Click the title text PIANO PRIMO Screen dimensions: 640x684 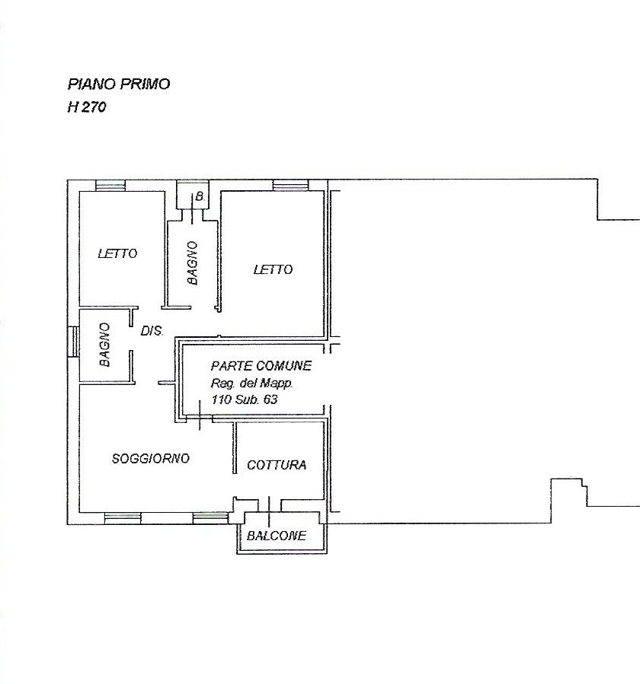pyautogui.click(x=118, y=84)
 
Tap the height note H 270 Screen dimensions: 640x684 pyautogui.click(x=87, y=107)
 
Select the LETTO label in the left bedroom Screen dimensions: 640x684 pyautogui.click(x=117, y=253)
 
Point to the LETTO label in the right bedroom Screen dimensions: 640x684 pyautogui.click(x=273, y=269)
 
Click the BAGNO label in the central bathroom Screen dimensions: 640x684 pyautogui.click(x=192, y=263)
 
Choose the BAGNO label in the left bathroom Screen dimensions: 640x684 pyautogui.click(x=104, y=345)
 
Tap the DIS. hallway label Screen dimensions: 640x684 pyautogui.click(x=152, y=331)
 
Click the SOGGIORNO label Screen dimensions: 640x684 pyautogui.click(x=151, y=459)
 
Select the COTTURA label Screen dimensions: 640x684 pyautogui.click(x=277, y=465)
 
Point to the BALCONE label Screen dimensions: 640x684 pyautogui.click(x=276, y=536)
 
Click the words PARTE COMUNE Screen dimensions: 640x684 pyautogui.click(x=261, y=365)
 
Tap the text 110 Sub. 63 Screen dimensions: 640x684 pyautogui.click(x=245, y=399)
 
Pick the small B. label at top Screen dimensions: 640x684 pyautogui.click(x=200, y=197)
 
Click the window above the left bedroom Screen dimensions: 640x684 pyautogui.click(x=110, y=186)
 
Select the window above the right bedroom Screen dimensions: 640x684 pyautogui.click(x=290, y=186)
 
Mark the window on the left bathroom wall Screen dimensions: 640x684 pyautogui.click(x=73, y=342)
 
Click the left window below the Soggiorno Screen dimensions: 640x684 pyautogui.click(x=123, y=518)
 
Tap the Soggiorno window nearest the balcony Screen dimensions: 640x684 pyautogui.click(x=210, y=518)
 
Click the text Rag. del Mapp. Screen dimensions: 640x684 pyautogui.click(x=252, y=383)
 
